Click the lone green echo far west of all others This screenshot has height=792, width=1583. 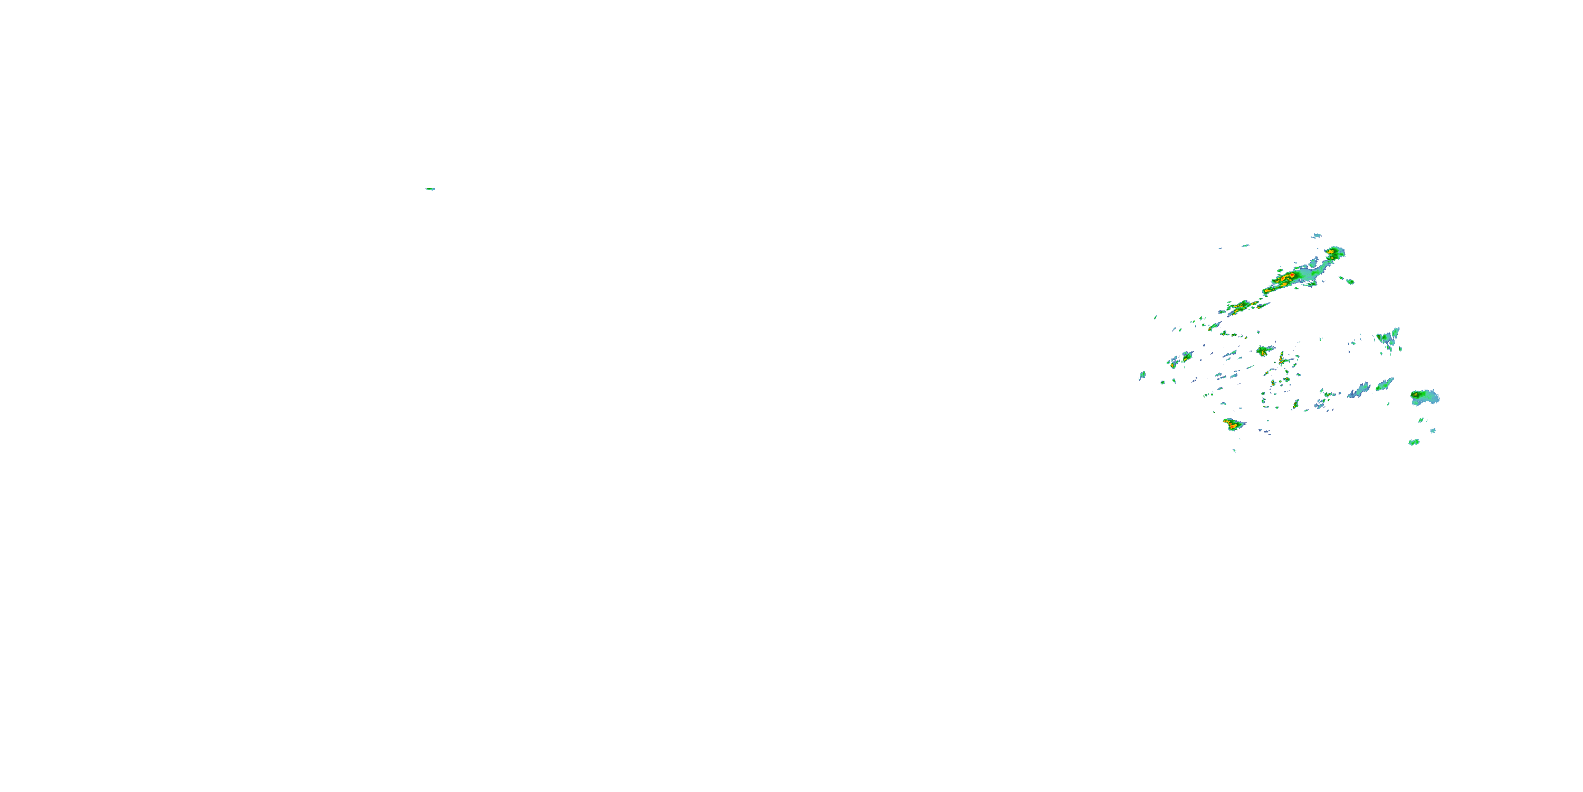click(x=430, y=189)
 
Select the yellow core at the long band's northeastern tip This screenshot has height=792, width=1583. click(x=1332, y=251)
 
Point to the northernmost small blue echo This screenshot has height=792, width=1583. click(x=1315, y=235)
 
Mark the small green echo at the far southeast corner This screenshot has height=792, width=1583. click(x=1414, y=442)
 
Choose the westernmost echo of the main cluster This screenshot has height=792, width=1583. click(x=1142, y=374)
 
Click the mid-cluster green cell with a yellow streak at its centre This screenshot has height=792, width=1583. click(x=1264, y=351)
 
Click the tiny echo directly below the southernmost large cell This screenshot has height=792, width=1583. click(x=1235, y=449)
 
